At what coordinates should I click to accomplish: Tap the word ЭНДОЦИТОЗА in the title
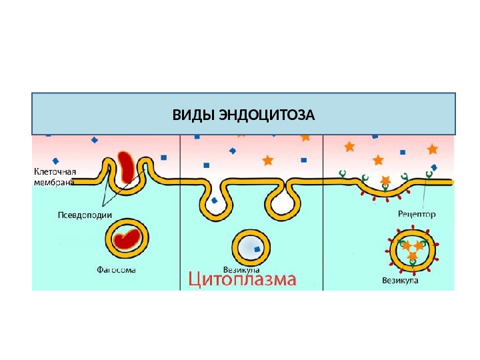click(x=266, y=115)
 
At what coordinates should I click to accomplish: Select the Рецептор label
click(x=417, y=215)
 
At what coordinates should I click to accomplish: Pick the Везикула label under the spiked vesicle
click(x=400, y=281)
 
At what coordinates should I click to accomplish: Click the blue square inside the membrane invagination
click(x=214, y=199)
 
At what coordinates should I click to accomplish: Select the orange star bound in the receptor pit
click(x=385, y=181)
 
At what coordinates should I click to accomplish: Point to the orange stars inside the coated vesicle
click(x=409, y=246)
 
